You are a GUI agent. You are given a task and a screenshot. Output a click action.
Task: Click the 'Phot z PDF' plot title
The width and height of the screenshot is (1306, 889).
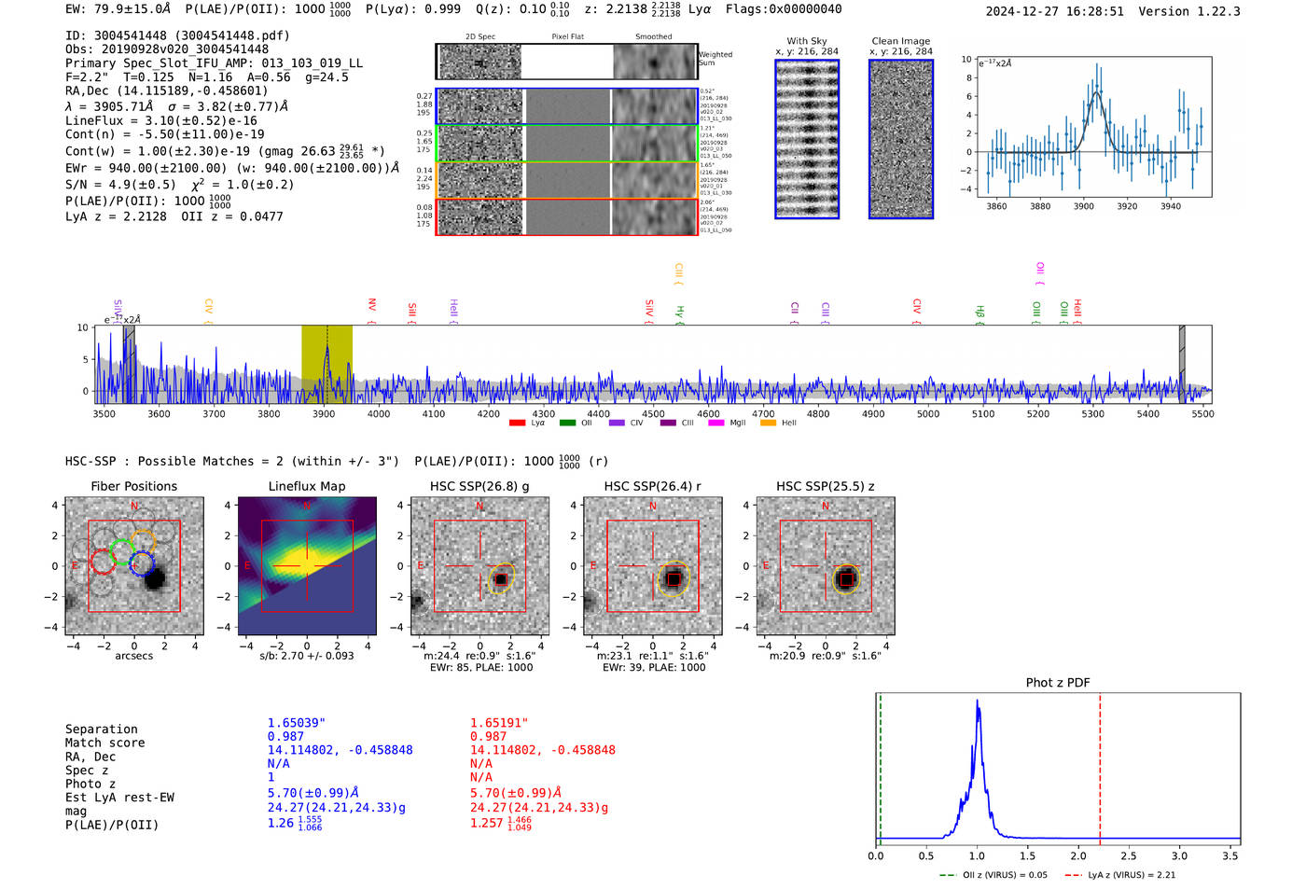[1058, 683]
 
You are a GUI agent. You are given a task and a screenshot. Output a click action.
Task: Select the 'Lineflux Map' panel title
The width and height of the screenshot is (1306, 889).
[307, 486]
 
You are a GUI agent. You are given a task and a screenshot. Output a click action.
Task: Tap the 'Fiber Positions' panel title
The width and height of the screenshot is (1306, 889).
[134, 486]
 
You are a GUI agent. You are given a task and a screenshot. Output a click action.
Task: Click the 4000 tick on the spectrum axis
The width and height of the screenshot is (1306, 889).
[379, 413]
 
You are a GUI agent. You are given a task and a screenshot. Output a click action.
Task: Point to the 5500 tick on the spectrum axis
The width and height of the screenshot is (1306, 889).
[1202, 413]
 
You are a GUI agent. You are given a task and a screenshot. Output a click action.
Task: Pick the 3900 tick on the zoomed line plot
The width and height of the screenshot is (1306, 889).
[1083, 206]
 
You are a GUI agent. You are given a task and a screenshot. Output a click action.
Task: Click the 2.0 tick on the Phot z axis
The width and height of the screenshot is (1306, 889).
[1078, 855]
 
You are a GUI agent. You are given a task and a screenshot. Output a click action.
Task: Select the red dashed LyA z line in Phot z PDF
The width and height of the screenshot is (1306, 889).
[1100, 765]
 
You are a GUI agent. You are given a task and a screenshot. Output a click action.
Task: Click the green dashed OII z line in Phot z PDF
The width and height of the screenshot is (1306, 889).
[880, 765]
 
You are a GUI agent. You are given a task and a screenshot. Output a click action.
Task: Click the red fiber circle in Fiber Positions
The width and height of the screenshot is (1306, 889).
[103, 563]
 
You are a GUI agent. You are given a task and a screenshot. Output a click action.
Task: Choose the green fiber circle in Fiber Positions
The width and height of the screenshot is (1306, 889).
[121, 550]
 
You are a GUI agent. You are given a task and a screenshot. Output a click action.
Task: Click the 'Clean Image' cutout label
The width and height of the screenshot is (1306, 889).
[900, 41]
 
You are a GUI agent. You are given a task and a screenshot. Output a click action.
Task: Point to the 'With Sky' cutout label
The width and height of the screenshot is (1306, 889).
[807, 41]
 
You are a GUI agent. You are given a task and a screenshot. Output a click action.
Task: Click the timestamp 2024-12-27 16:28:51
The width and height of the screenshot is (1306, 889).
[1054, 11]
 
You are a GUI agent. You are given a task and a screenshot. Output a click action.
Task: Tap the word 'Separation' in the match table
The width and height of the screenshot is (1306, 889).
[101, 729]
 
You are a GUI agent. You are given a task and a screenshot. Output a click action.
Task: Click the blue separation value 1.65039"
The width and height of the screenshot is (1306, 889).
[297, 723]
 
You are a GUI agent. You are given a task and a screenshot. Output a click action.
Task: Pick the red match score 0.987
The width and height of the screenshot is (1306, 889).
[488, 736]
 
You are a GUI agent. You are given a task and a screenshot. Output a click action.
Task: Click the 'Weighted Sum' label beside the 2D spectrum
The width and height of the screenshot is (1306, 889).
[716, 58]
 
